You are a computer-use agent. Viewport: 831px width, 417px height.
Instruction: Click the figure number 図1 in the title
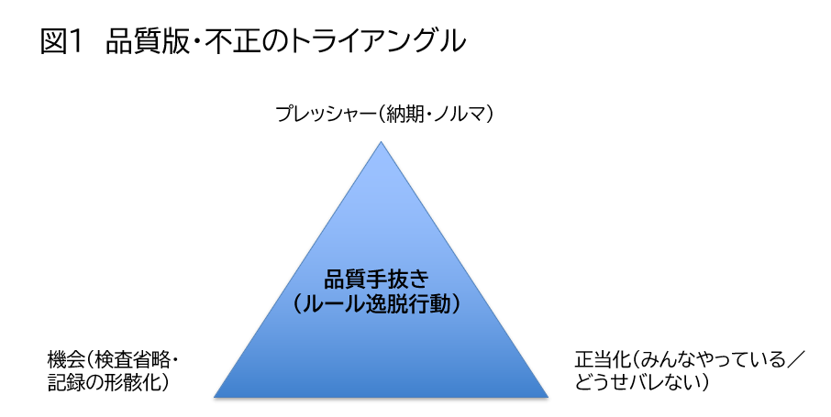click(62, 41)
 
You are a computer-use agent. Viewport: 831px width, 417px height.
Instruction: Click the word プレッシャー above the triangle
click(325, 114)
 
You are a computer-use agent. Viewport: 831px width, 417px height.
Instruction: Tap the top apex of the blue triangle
click(381, 141)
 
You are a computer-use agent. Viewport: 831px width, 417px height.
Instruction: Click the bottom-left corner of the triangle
click(214, 396)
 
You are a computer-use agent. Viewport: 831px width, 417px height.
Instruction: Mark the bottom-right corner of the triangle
click(548, 396)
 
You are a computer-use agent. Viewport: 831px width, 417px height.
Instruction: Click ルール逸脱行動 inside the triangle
click(376, 304)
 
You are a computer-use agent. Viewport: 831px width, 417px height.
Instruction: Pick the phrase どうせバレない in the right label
click(637, 382)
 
